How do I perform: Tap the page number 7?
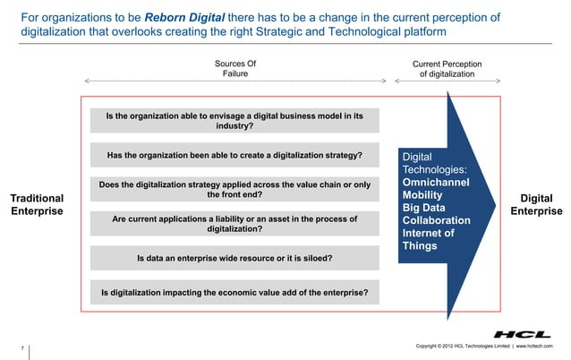tap(21, 346)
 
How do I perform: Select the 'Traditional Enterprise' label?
tap(37, 205)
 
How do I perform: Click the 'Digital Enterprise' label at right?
tap(536, 205)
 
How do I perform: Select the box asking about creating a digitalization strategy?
tap(234, 155)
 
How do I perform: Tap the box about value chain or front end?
tap(234, 190)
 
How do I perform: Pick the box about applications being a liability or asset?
tap(234, 223)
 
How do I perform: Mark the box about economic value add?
tap(234, 292)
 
